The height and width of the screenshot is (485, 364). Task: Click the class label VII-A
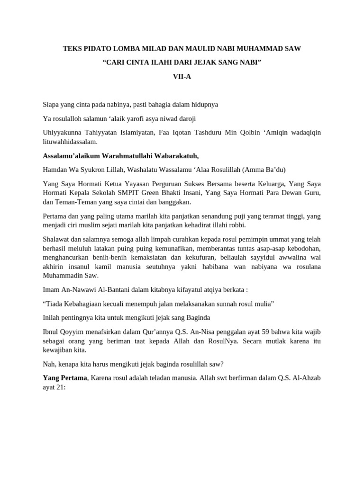click(x=182, y=76)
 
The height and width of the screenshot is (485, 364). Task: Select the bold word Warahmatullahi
click(x=117, y=156)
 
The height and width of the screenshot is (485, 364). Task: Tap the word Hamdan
click(x=55, y=170)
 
